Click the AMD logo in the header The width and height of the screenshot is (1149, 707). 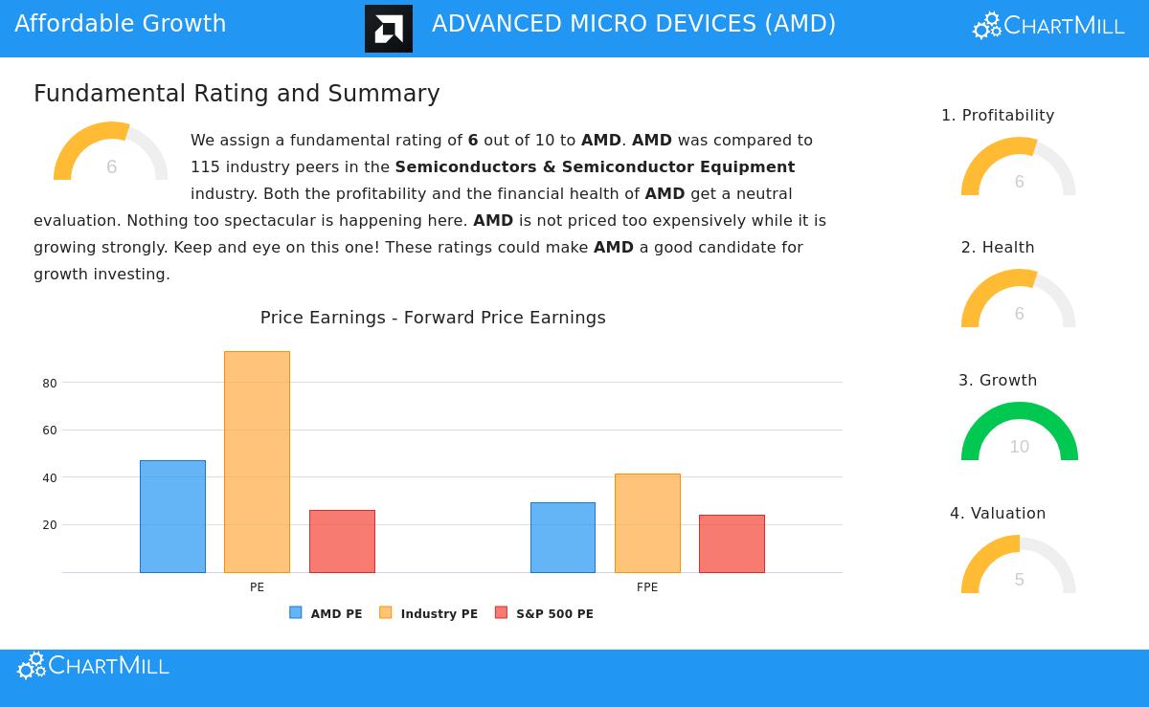coord(389,29)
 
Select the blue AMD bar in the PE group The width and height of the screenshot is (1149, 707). coord(172,517)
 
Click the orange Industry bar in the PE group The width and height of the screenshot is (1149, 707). coord(257,462)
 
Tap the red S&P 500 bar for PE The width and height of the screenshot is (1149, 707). coord(342,541)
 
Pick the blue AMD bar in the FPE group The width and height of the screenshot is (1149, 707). coord(563,538)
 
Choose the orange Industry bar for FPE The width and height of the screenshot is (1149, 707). coord(647,523)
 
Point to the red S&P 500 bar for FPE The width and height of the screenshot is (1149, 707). coord(732,543)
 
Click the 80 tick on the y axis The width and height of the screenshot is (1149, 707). coord(50,384)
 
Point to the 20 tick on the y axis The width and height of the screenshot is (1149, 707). coord(50,525)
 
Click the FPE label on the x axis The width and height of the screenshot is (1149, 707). coord(647,587)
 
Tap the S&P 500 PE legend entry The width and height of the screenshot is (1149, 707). coord(544,613)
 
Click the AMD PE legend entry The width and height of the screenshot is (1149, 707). coord(326,613)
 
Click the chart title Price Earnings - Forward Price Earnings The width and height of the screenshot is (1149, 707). coord(433,318)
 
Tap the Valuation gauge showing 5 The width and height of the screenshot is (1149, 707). coord(1019,566)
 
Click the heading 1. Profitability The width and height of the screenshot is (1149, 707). coord(998,116)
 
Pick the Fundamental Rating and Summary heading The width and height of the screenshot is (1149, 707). coord(237,94)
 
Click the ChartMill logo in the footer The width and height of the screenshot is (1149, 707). coord(93,666)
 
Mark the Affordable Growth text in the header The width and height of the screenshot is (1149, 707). coord(121,24)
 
